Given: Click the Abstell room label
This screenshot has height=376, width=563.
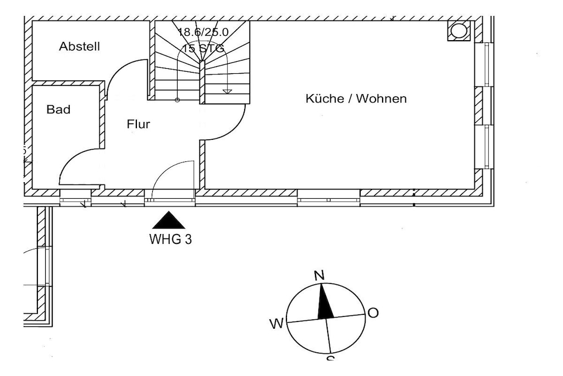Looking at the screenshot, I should pos(80,46).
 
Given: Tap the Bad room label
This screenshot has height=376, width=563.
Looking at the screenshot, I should pos(58,110).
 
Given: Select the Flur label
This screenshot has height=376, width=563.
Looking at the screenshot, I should pos(139,124).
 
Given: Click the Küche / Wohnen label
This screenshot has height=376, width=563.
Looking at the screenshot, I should pos(356,99).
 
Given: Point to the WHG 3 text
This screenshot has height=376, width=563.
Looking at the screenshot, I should pos(170,239).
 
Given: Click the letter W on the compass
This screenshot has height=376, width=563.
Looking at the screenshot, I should pos(276,324).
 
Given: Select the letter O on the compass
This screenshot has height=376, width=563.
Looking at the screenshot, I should pos(373,313).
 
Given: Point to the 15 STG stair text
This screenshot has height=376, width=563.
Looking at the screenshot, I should pos(203,48).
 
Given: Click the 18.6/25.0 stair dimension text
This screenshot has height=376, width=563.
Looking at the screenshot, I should pos(203,31).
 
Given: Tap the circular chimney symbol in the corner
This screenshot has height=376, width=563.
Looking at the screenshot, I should pos(459,30).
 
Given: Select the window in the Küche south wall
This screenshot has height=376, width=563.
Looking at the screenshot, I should pos(329,198).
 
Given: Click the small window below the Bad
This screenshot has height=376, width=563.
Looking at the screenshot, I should pos(75,198).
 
